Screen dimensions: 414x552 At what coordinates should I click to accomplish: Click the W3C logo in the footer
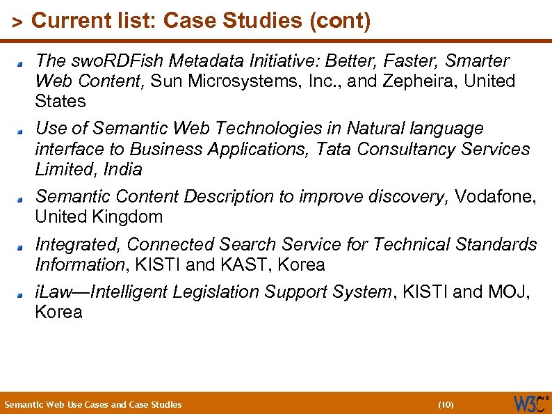pyautogui.click(x=530, y=404)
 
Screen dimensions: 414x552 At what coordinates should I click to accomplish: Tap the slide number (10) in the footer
pyautogui.click(x=446, y=404)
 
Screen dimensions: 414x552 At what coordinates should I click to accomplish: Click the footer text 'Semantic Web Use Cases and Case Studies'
pyautogui.click(x=93, y=404)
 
